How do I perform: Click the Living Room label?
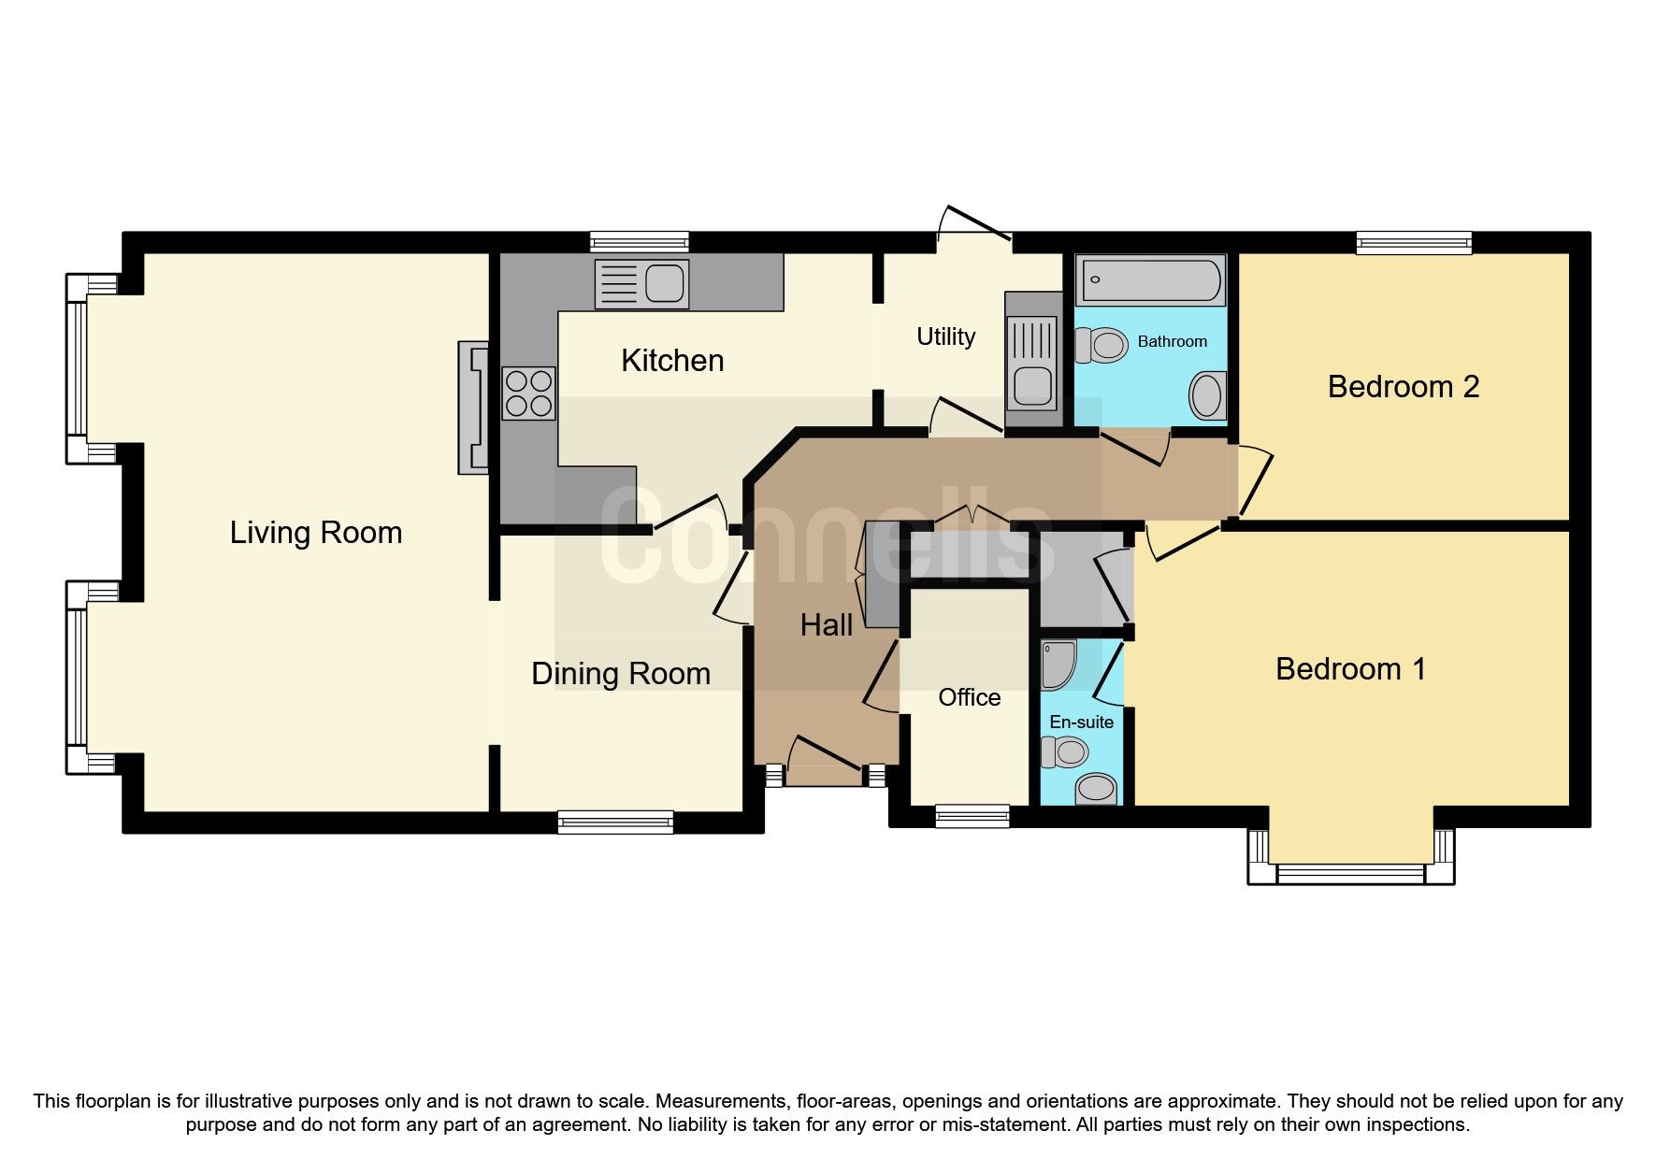(315, 533)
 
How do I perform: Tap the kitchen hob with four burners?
(529, 393)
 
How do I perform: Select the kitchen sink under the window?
(643, 284)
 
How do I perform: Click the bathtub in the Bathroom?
(1150, 279)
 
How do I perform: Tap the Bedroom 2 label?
(1403, 387)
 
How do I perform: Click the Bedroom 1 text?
(1350, 669)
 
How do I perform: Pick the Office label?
(969, 697)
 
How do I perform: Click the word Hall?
(826, 625)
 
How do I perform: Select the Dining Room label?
(621, 674)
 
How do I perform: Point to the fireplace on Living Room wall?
(473, 408)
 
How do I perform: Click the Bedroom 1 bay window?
(1351, 872)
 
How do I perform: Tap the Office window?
(972, 816)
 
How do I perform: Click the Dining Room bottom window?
(615, 822)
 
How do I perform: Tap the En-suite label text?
(1081, 723)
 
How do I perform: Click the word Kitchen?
(672, 361)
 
